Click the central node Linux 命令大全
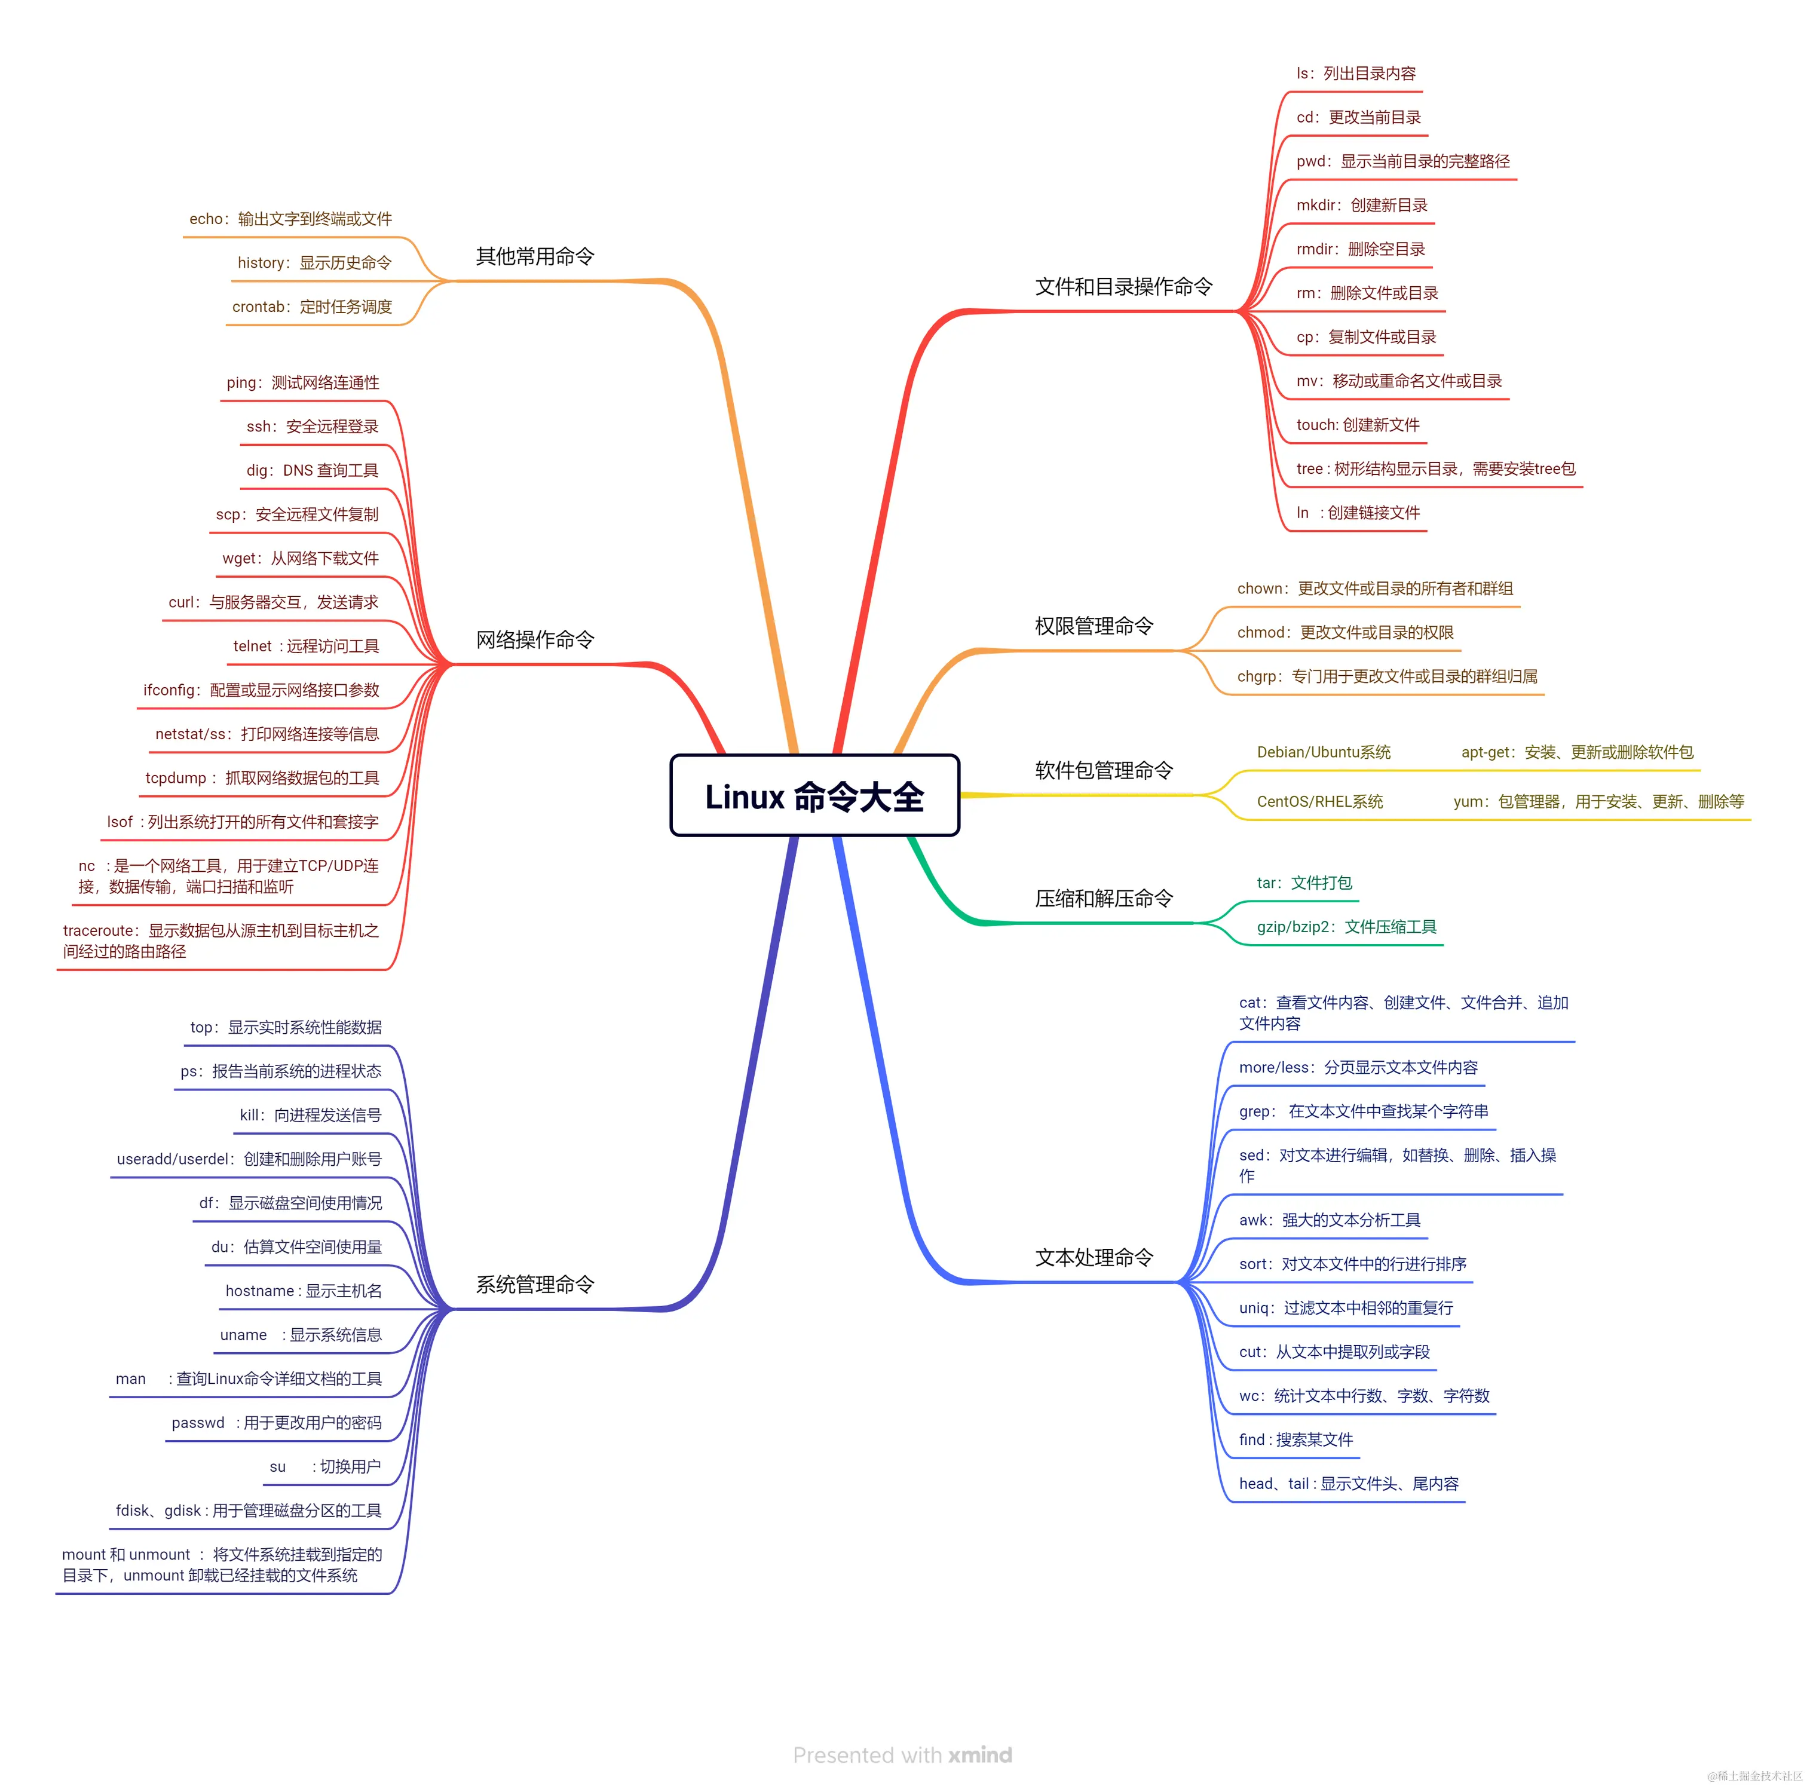click(814, 796)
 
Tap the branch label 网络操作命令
click(535, 639)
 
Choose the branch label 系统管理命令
click(535, 1285)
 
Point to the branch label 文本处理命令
click(1094, 1258)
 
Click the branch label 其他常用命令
click(535, 256)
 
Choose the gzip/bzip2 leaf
click(1346, 927)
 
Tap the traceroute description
click(220, 941)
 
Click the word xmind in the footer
click(979, 1755)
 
